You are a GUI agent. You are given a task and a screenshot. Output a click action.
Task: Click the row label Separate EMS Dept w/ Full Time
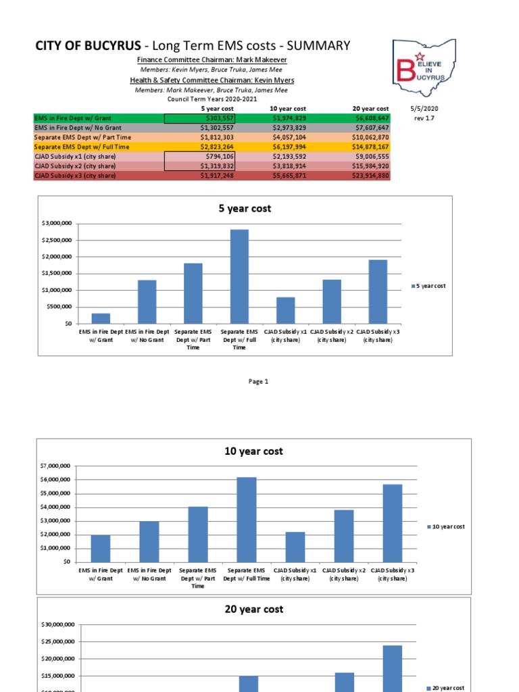click(75, 147)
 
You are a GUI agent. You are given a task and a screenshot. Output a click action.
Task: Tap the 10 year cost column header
click(287, 109)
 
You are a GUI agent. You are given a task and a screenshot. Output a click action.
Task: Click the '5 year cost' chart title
click(245, 209)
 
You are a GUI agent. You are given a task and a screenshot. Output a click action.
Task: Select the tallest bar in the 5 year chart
click(239, 276)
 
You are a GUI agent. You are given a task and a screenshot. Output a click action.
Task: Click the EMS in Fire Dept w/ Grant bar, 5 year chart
click(101, 318)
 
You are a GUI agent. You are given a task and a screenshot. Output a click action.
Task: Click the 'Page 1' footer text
click(258, 382)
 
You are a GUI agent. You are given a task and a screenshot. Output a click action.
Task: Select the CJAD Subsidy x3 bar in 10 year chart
click(392, 522)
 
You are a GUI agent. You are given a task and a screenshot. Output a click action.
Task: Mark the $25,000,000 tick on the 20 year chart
click(55, 642)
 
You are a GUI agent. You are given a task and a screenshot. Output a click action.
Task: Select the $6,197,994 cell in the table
click(288, 147)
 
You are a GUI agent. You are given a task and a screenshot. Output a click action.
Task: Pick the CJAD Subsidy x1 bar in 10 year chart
click(295, 547)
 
